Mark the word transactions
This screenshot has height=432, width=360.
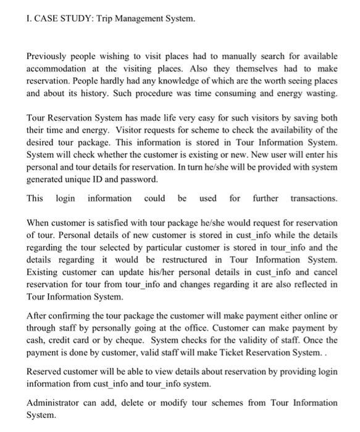click(313, 199)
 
